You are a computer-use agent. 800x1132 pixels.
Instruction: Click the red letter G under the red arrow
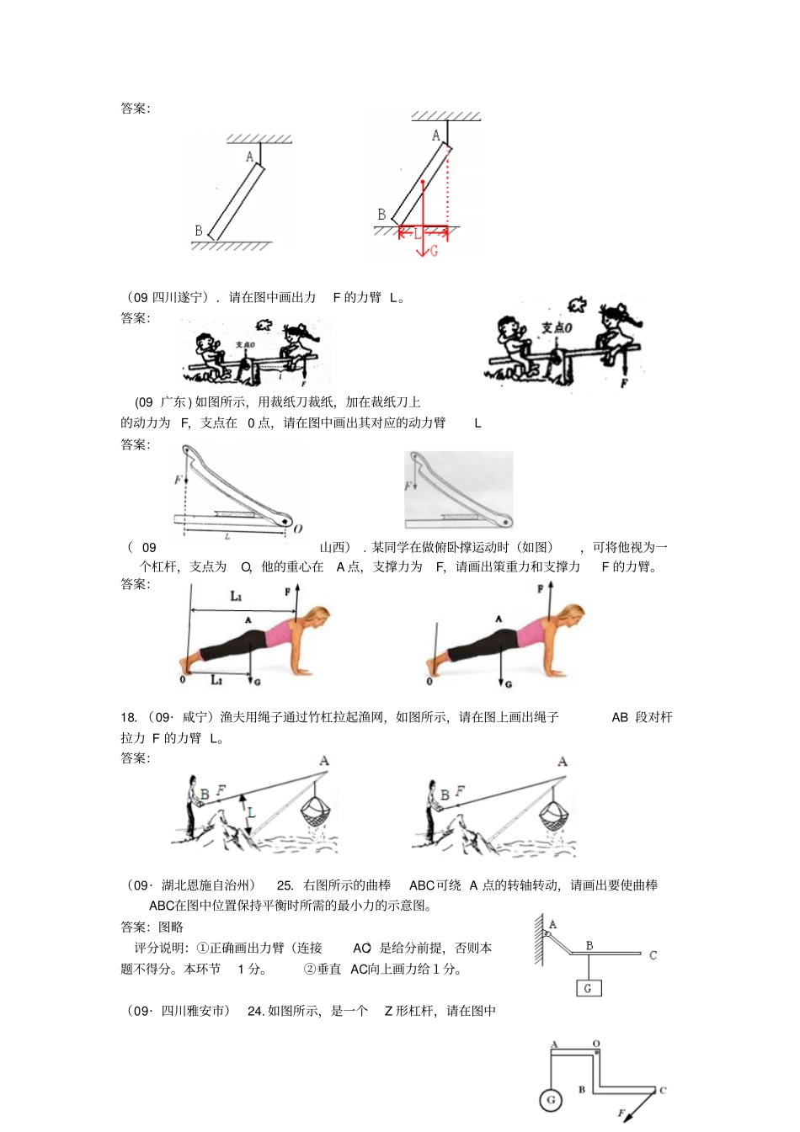click(x=434, y=251)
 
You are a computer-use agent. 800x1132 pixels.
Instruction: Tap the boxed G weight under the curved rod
click(x=588, y=988)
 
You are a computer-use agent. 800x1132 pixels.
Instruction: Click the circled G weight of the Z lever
click(x=551, y=1100)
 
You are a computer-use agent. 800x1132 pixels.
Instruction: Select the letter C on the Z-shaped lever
click(x=663, y=1090)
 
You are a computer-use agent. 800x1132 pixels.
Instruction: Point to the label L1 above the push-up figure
click(x=237, y=596)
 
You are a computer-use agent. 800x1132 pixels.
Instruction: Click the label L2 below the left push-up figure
click(x=216, y=679)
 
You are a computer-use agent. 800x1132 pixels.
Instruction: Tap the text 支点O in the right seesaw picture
click(x=557, y=327)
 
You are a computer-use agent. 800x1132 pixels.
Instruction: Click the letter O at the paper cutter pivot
click(x=298, y=529)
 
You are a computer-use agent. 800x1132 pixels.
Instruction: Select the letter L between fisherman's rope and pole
click(x=251, y=812)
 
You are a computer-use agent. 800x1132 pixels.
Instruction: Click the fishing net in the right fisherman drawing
click(x=554, y=813)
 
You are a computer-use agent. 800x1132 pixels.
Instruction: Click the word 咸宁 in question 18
click(x=195, y=717)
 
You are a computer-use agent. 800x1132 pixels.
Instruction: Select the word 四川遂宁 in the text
click(x=178, y=297)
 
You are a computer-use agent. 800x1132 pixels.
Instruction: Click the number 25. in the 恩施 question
click(x=285, y=885)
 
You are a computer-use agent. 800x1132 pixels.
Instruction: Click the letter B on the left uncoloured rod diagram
click(x=199, y=230)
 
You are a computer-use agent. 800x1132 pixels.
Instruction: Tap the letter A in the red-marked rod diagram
click(x=435, y=135)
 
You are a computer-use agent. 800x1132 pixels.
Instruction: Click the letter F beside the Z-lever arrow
click(x=621, y=1113)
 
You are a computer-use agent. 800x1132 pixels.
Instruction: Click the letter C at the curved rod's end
click(x=653, y=955)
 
